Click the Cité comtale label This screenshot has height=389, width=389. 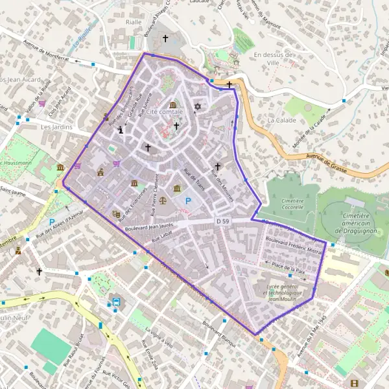click(x=165, y=112)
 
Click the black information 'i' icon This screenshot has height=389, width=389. click(x=120, y=130)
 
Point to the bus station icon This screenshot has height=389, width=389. click(x=117, y=302)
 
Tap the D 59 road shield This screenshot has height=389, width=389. click(x=222, y=222)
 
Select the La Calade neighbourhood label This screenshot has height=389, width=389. click(x=281, y=120)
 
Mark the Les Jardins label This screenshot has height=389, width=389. click(x=54, y=127)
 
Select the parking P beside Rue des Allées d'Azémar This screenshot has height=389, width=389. click(x=51, y=204)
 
